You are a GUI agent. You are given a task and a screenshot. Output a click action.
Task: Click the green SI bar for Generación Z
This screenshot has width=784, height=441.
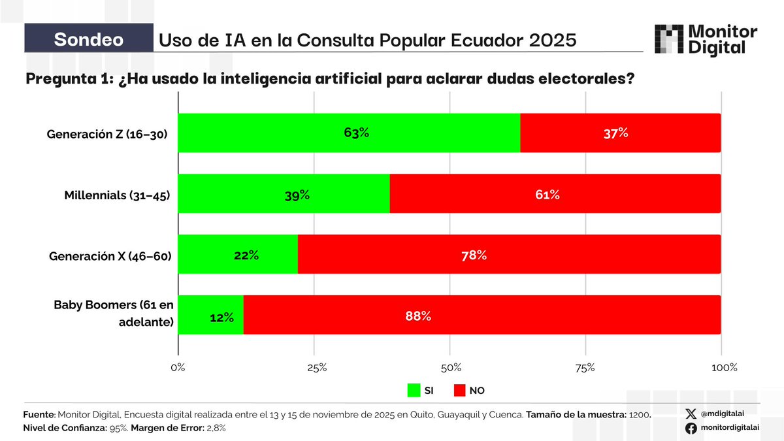coord(349,133)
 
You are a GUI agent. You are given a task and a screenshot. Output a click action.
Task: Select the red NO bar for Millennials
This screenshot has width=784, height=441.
coord(555,194)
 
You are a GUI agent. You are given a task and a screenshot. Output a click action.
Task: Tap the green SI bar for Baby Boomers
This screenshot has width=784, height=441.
coord(210,315)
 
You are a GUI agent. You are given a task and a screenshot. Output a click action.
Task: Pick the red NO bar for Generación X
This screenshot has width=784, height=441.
coord(509,255)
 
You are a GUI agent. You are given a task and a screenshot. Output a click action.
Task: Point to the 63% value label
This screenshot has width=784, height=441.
coord(357,133)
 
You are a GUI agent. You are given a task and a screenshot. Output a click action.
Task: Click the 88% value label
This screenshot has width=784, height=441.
coord(418,316)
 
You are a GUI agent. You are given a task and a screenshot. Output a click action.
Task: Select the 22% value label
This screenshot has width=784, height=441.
coord(246,255)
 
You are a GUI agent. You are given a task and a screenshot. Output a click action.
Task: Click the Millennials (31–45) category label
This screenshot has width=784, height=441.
coord(117,195)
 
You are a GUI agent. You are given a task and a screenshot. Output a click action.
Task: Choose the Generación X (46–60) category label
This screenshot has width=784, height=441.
coord(110,256)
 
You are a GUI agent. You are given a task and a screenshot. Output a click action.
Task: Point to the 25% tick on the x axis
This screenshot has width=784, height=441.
coord(316,368)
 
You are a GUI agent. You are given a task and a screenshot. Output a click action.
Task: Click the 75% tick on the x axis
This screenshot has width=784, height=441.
coord(585,368)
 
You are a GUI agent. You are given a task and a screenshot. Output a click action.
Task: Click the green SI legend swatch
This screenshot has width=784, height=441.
coord(413,391)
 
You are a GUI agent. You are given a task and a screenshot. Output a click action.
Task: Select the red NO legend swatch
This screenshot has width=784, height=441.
coord(459,391)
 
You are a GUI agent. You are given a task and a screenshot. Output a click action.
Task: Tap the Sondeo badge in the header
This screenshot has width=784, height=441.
coord(88,39)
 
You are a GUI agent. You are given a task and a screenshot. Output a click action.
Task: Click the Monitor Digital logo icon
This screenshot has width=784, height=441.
coord(668,39)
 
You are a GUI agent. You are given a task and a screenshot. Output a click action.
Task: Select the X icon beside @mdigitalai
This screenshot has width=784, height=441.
coord(691,414)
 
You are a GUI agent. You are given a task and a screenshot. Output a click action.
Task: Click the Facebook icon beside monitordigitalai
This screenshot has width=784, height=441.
coord(691,428)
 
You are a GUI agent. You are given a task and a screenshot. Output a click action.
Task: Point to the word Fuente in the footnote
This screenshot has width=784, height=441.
coord(39,415)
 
